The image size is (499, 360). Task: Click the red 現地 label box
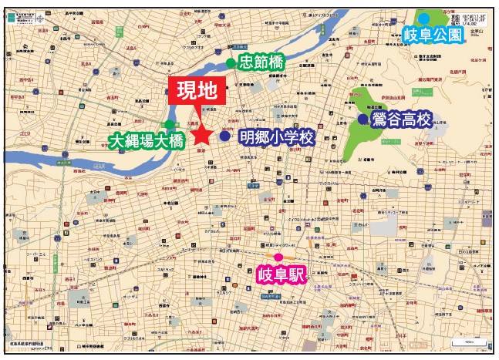(197, 91)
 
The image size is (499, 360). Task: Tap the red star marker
(202, 136)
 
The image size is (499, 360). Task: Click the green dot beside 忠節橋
(230, 63)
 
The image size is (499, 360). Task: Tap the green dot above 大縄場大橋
(169, 125)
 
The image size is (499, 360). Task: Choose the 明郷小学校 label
(278, 137)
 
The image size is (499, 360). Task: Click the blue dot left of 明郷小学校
(224, 136)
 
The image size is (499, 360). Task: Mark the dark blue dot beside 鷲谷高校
(362, 119)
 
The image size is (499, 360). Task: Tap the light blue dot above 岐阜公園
(424, 18)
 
